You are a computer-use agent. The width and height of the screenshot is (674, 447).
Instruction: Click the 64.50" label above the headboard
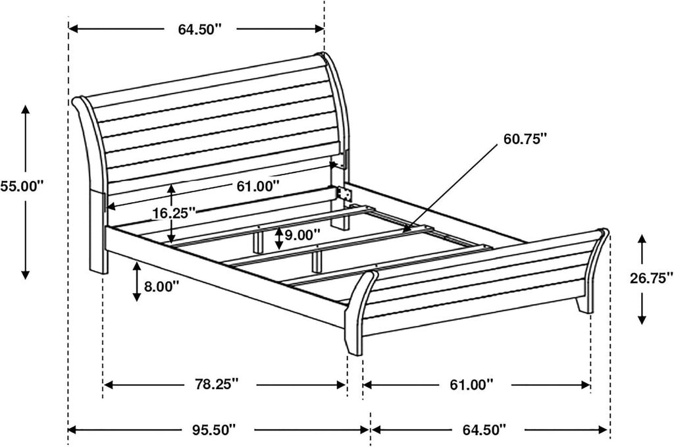click(200, 29)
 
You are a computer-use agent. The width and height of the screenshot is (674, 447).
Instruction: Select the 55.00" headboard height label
click(22, 186)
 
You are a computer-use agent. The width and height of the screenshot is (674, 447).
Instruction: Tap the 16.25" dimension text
click(174, 213)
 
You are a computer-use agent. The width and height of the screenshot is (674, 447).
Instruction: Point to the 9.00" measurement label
click(302, 234)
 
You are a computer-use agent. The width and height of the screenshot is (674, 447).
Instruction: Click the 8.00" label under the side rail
click(161, 286)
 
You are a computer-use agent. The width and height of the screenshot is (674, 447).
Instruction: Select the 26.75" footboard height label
click(652, 278)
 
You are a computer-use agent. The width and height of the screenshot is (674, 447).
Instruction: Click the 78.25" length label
click(215, 384)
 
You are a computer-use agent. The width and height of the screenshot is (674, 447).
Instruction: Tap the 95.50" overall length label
click(214, 429)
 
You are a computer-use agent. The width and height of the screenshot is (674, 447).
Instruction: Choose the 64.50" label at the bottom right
click(484, 429)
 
